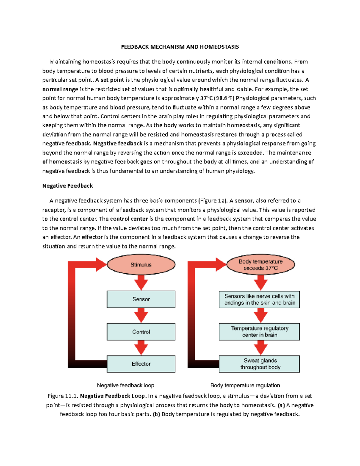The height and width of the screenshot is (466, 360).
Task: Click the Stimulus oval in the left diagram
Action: pos(141,265)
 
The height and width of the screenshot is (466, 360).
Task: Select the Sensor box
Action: pos(141,299)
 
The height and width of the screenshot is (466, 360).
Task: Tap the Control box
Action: pos(141,332)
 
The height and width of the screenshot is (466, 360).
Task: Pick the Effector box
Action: pos(141,364)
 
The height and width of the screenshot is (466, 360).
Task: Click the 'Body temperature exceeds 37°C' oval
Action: pos(260,265)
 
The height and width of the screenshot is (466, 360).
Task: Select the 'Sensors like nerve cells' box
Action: pos(259,299)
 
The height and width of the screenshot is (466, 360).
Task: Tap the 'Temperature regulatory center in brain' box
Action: pos(259,332)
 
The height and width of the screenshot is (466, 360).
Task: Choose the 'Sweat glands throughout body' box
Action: pos(259,364)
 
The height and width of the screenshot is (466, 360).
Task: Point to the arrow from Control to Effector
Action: pos(141,348)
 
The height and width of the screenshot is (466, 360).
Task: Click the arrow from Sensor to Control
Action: pos(141,315)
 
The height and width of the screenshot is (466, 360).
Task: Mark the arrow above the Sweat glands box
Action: pos(260,348)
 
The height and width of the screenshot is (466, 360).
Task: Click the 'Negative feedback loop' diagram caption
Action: pos(125,385)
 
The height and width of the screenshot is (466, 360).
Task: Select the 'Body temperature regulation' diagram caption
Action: pos(245,385)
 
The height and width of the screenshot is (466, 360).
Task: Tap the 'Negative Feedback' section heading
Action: pos(67,186)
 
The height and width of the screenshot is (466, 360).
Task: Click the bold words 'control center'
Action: pos(129,219)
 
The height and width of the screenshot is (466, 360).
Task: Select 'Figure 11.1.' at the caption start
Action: pos(63,396)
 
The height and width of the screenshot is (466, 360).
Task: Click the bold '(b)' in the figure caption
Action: pos(156,414)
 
